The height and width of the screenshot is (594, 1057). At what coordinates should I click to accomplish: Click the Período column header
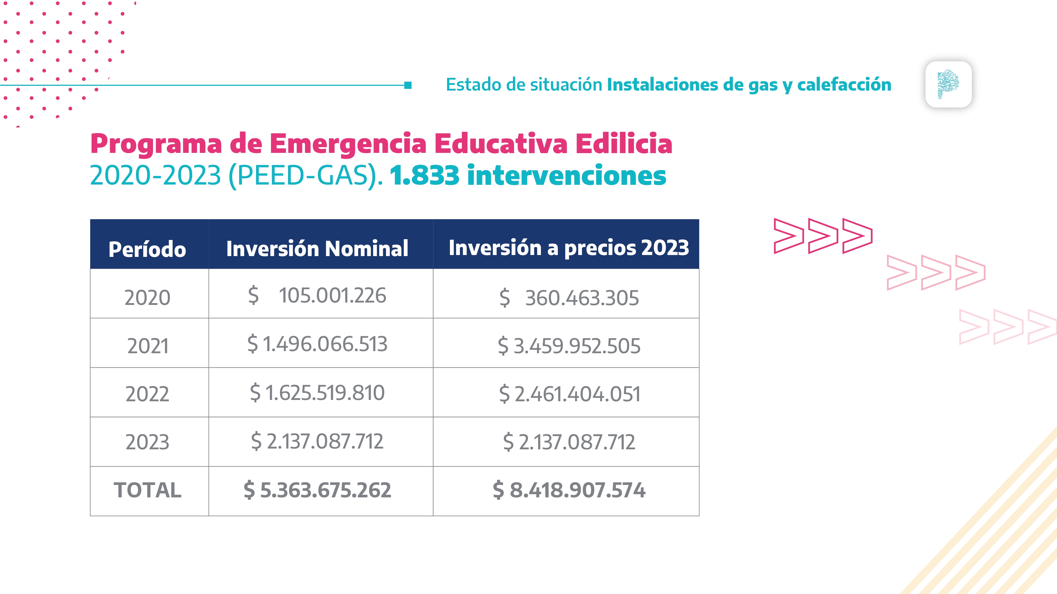147,249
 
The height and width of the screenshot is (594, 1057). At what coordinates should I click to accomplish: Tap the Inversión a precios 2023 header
569,248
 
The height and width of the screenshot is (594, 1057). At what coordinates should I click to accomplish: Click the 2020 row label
147,298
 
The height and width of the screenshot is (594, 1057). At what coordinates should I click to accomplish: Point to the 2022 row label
147,394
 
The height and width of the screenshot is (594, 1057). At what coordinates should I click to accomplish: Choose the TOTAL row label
147,490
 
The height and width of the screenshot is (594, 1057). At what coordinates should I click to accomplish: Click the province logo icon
948,84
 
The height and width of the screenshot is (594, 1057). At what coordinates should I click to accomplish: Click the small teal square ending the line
408,85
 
